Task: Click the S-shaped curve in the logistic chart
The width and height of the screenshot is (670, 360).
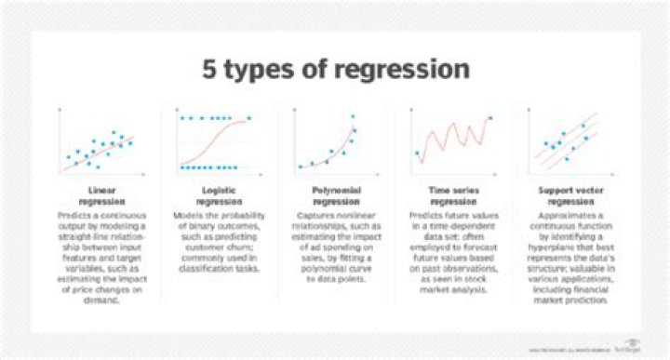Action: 216,148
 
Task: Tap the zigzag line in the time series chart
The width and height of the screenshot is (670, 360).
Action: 447,140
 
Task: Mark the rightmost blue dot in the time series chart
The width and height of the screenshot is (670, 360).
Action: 491,118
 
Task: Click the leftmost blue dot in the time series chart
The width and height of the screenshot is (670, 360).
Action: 416,153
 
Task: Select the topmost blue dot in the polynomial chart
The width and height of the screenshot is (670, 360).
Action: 354,116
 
